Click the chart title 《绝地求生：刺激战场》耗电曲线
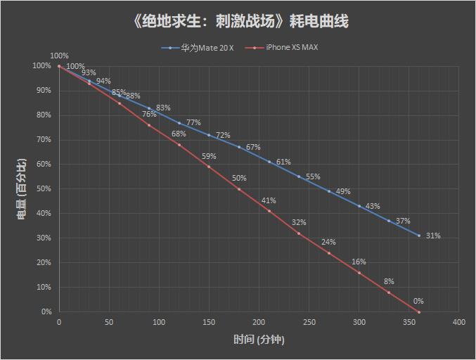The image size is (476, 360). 239,21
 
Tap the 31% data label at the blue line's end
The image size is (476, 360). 433,236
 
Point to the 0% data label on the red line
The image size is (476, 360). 418,301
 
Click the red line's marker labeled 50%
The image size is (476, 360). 239,189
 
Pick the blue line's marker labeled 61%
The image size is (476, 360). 269,162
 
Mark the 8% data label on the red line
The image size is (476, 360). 388,281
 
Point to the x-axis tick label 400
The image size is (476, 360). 459,322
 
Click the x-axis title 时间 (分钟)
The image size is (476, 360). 259,340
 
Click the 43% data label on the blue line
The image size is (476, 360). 373,206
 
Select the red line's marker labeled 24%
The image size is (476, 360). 329,253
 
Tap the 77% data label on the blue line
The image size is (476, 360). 193,122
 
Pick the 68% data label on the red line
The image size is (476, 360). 179,134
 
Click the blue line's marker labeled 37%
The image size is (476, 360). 389,221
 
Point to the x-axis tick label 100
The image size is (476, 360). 159,322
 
